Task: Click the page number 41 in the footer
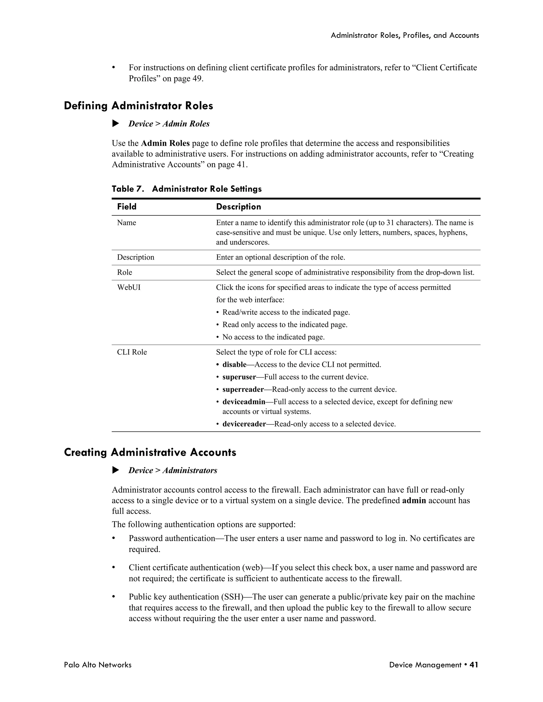coord(474,665)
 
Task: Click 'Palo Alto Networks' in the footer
coord(98,665)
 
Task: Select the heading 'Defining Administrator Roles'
coord(138,106)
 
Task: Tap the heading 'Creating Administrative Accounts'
coord(150,452)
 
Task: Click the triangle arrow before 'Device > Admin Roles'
coord(116,123)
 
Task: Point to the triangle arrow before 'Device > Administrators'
coord(116,470)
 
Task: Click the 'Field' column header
coord(127,207)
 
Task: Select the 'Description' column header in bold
coord(238,207)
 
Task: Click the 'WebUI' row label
coord(129,287)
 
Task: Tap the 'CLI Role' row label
coord(132,352)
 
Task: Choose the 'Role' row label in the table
coord(125,272)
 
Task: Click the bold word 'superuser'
coord(239,377)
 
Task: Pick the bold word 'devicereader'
coord(244,424)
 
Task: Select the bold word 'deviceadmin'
coord(244,402)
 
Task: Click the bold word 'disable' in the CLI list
coord(234,365)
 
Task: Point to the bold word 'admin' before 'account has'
coord(414,500)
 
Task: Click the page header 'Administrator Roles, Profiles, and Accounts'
coord(405,35)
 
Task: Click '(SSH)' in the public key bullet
coord(232,597)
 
